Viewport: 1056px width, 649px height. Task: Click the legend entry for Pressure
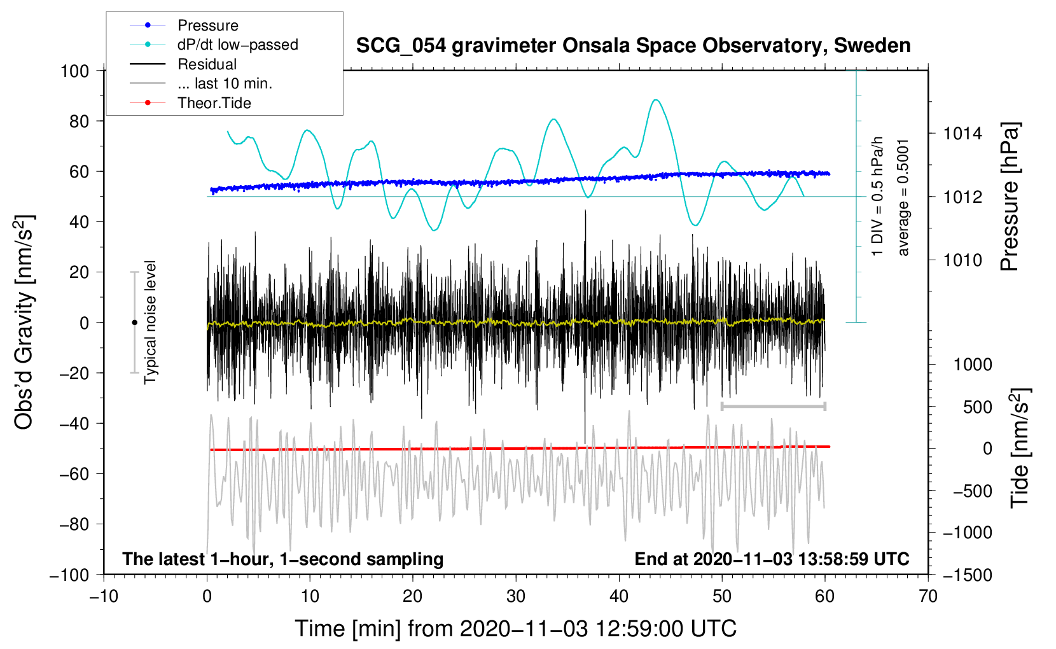click(207, 25)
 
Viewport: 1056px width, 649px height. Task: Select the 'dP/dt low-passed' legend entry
click(237, 45)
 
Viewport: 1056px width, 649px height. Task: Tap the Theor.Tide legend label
click(214, 103)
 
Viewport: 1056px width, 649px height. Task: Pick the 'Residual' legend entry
click(207, 64)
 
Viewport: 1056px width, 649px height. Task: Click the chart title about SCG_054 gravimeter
click(633, 46)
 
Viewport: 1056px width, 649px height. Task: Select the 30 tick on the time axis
click(516, 596)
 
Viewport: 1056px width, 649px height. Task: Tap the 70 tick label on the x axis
click(928, 596)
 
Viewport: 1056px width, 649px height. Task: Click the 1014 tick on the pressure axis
click(962, 134)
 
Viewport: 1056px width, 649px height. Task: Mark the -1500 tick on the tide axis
click(968, 575)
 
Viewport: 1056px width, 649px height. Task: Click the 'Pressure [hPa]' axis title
click(1010, 197)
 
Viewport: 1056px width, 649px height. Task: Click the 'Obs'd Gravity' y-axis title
click(24, 322)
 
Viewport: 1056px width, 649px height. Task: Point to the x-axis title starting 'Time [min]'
click(515, 629)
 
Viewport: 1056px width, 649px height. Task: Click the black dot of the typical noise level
click(134, 323)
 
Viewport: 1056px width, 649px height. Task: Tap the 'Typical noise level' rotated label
click(150, 322)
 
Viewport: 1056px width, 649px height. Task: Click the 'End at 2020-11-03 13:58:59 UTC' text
click(772, 559)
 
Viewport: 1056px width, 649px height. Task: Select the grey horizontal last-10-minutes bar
click(773, 406)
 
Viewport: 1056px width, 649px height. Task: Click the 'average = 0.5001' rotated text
click(903, 197)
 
